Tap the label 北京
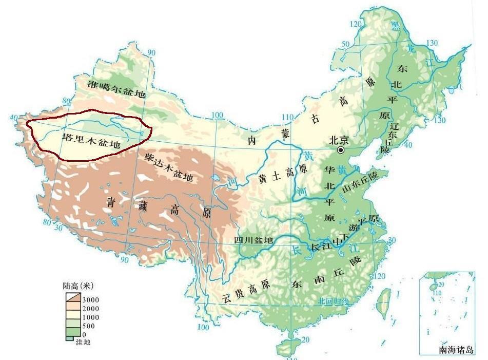coord(339,140)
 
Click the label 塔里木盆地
coord(91,141)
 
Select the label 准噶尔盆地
coord(116,89)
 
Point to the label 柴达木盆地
coord(169,167)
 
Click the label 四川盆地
coord(253,240)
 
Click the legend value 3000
coord(90,299)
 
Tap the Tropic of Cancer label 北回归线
coord(333,301)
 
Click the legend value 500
coord(87,326)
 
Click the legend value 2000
coord(90,308)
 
